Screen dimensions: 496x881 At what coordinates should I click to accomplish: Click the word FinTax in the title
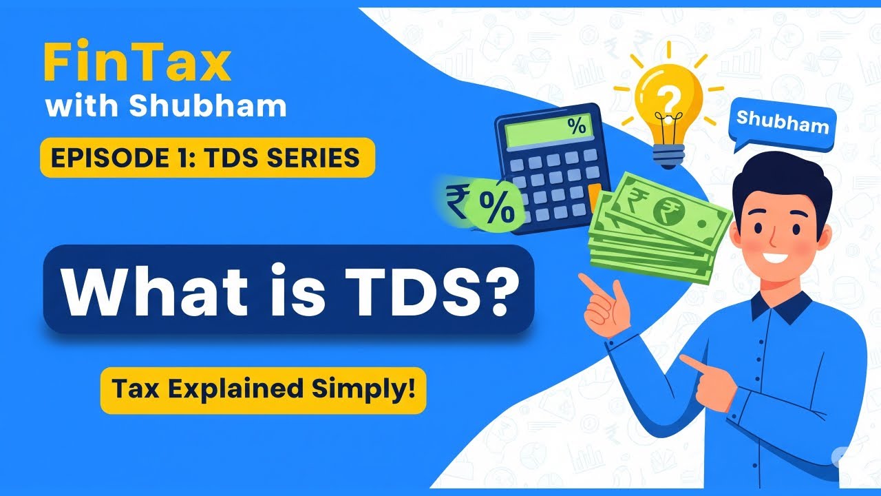[x=136, y=64]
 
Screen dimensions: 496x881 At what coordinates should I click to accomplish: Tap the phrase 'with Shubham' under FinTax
[x=165, y=106]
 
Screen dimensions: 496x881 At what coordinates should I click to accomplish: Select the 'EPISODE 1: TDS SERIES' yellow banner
[x=207, y=158]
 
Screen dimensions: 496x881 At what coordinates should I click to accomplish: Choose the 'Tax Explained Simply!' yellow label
[x=263, y=390]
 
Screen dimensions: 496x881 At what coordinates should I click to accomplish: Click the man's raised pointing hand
[x=606, y=303]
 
